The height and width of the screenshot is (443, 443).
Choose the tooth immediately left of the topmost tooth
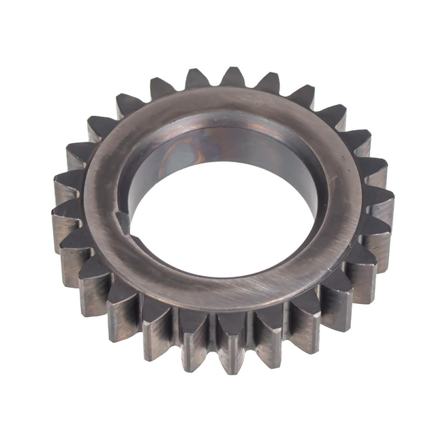pos(197,78)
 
